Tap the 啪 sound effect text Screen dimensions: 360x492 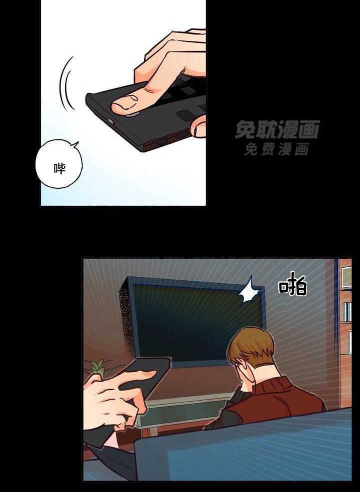(293, 287)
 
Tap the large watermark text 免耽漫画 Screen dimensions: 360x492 (277, 129)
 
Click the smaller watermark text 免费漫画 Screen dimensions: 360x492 (277, 149)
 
